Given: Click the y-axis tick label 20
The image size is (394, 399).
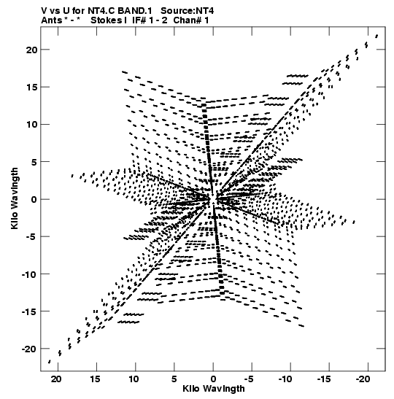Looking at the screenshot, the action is pos(31,50).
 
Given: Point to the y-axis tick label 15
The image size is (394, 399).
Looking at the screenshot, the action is pos(32,88).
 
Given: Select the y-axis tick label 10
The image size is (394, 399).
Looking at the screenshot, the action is pos(32,125).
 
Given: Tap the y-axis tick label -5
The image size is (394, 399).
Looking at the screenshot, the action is pos(31,237).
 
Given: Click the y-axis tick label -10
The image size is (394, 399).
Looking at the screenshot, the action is pos(29,274).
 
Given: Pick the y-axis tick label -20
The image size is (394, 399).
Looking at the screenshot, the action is pos(29,349).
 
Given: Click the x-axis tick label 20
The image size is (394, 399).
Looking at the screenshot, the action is pos(56,379).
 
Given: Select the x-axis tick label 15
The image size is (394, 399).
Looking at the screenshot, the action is pos(96,379).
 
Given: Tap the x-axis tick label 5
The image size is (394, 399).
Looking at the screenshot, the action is pos(174,379).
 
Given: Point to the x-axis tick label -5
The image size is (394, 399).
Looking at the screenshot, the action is pos(249,379).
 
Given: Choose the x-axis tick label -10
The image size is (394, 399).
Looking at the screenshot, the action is pos(285,379).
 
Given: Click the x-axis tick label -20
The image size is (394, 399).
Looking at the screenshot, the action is pos(363,379).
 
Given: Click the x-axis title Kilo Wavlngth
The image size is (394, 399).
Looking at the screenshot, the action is pos(214,389).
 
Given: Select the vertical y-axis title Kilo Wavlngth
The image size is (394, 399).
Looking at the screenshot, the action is pos(15,198).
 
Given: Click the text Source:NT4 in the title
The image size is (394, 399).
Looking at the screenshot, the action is pos(188,11).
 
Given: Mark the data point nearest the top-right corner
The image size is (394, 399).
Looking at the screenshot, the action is pos(376,36).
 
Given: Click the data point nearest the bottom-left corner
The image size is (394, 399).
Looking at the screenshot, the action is pos(50,362).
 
